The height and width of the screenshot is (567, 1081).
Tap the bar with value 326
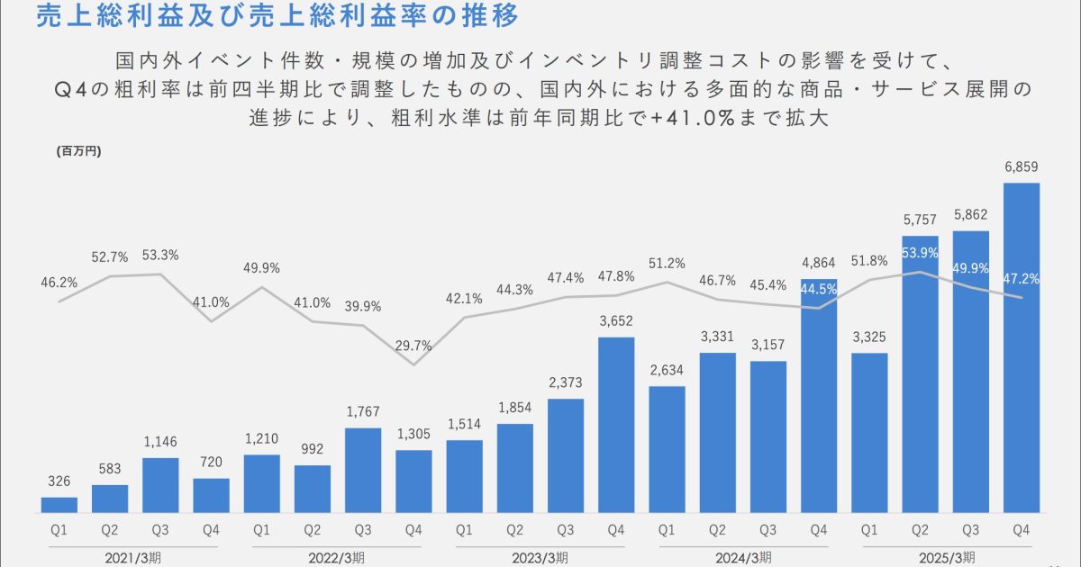pos(59,505)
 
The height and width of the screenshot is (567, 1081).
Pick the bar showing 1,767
pos(363,470)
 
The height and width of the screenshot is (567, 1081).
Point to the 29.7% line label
pos(413,345)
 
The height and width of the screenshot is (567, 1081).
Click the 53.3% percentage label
pos(160,255)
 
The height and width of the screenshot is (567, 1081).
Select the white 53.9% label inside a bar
pos(921,251)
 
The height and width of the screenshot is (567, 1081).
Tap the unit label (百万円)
pos(79,151)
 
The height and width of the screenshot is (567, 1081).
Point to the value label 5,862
pos(971,216)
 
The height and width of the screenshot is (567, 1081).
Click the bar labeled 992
pos(313,489)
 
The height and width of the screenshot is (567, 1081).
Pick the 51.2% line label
pos(667,263)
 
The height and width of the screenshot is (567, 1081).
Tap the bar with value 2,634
pos(667,449)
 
